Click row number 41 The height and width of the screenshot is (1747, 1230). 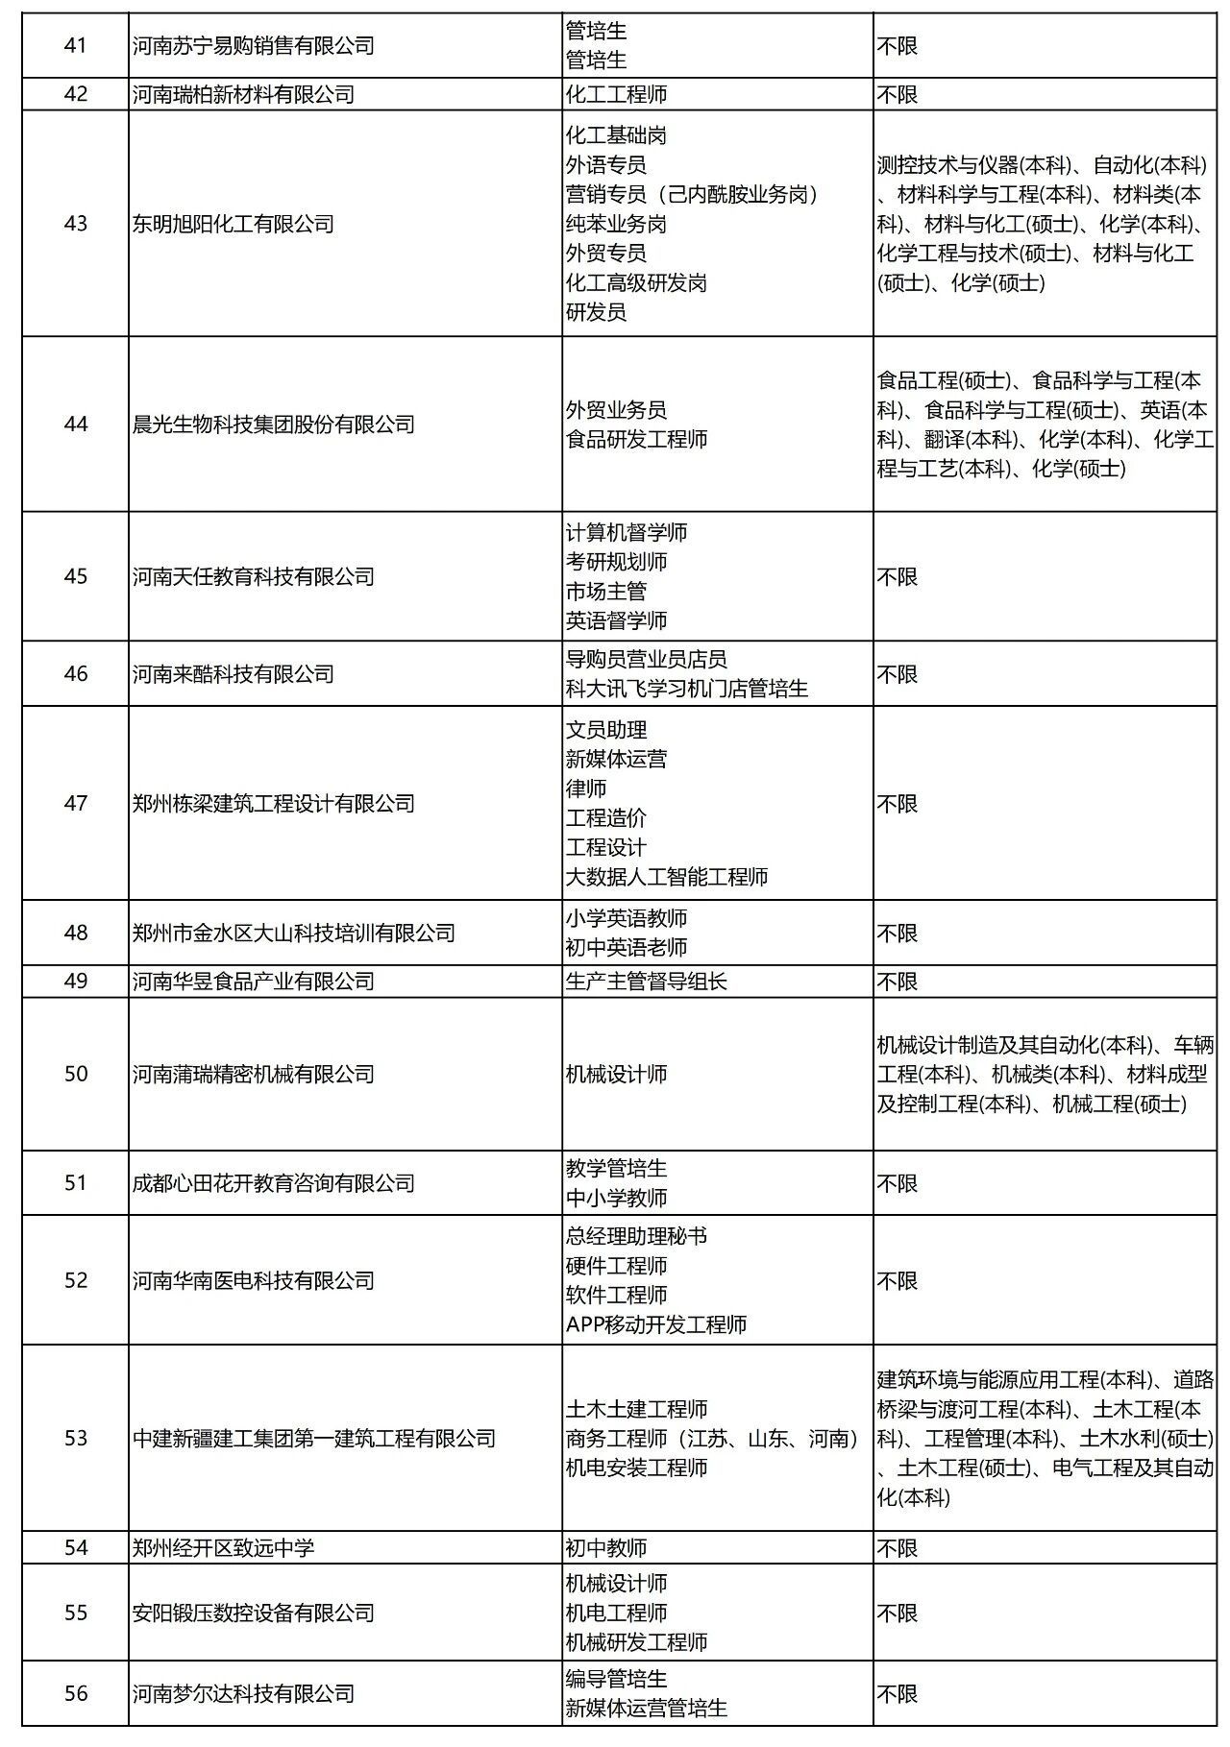pyautogui.click(x=75, y=45)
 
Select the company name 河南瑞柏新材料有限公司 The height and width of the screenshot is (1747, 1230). pyautogui.click(x=243, y=94)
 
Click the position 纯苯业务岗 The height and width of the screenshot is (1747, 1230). pyautogui.click(x=616, y=224)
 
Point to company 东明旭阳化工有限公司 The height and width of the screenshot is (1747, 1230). pyautogui.click(x=234, y=224)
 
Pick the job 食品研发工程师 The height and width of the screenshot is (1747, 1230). pyautogui.click(x=636, y=439)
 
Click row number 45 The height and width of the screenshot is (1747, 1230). pyautogui.click(x=75, y=576)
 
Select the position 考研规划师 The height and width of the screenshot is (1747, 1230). pyautogui.click(x=616, y=562)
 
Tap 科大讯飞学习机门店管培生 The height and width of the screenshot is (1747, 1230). pyautogui.click(x=686, y=689)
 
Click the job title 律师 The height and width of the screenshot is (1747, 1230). pyautogui.click(x=586, y=789)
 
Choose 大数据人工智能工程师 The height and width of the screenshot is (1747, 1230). pyautogui.click(x=667, y=877)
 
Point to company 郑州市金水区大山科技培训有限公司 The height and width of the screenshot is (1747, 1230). pyautogui.click(x=294, y=933)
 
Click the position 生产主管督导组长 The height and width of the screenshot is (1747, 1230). pyautogui.click(x=647, y=982)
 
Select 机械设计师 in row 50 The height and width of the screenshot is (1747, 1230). pyautogui.click(x=616, y=1074)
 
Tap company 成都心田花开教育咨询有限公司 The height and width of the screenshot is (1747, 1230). pyautogui.click(x=274, y=1183)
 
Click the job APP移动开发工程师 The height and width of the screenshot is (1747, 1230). pyautogui.click(x=656, y=1324)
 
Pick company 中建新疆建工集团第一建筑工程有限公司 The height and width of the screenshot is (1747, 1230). pyautogui.click(x=314, y=1438)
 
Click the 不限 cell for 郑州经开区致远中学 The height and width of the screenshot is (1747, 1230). pyautogui.click(x=898, y=1547)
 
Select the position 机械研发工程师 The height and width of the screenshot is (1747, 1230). pyautogui.click(x=636, y=1642)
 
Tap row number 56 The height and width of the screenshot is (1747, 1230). pyautogui.click(x=75, y=1693)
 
